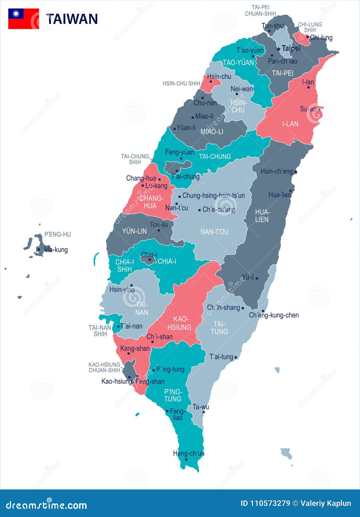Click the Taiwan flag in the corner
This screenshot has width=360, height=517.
[23, 19]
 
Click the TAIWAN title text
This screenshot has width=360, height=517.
[72, 19]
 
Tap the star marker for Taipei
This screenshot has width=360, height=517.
[278, 49]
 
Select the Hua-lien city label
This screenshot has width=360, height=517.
[279, 195]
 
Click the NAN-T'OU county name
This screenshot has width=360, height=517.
[214, 232]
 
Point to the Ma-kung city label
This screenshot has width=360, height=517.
[56, 250]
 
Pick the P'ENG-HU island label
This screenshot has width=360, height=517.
[58, 235]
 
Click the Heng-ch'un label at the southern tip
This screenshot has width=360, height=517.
[189, 453]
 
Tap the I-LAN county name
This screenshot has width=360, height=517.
[290, 124]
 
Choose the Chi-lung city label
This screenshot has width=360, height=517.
[321, 38]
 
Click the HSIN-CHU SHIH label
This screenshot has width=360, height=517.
[181, 84]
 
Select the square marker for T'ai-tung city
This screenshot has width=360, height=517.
[235, 357]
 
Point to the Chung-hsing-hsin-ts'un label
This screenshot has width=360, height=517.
[213, 195]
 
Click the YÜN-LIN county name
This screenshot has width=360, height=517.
[134, 231]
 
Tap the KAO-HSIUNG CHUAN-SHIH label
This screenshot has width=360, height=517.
[104, 367]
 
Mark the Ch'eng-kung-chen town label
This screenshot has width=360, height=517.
[274, 315]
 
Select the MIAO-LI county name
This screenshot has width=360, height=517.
[212, 132]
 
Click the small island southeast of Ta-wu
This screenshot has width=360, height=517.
[287, 453]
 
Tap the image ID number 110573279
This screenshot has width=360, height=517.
[269, 503]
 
